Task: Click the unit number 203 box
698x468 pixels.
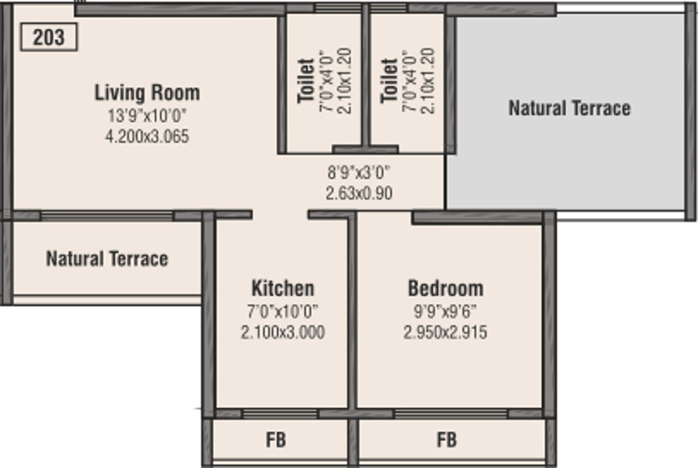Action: (x=49, y=37)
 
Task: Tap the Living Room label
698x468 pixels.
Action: (x=147, y=93)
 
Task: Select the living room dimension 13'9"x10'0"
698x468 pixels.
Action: (x=147, y=116)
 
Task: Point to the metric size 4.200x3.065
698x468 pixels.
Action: (x=147, y=136)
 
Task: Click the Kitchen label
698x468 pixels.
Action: (x=284, y=288)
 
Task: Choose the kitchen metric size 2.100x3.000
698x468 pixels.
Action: (x=284, y=331)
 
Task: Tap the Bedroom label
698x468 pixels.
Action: (x=445, y=288)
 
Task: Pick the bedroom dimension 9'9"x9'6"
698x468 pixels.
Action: (x=445, y=312)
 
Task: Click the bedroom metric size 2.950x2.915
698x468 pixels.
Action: (x=445, y=331)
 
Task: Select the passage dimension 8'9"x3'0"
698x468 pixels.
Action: (x=358, y=172)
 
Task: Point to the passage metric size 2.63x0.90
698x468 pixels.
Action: (x=359, y=193)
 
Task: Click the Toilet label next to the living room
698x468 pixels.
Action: (x=306, y=81)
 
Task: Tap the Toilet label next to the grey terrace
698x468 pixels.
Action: (x=389, y=81)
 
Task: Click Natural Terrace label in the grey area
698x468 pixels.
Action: (x=570, y=109)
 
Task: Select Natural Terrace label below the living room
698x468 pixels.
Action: (x=108, y=258)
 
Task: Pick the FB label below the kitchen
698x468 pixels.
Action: (x=276, y=440)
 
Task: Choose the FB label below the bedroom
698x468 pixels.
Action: (x=447, y=440)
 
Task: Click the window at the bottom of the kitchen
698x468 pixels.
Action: (x=280, y=414)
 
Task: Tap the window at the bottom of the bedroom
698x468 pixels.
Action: (x=451, y=414)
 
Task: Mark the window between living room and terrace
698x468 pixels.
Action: (x=107, y=216)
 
